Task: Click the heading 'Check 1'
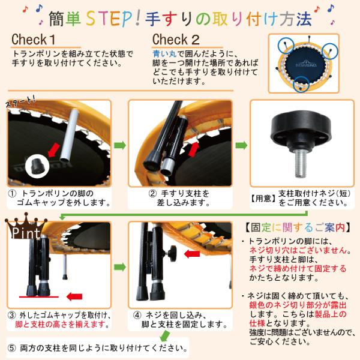34,40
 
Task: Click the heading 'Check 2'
176,40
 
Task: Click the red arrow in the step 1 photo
54,151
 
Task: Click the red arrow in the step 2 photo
194,149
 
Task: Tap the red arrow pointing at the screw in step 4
192,254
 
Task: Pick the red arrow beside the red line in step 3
74,296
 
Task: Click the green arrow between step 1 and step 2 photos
120,145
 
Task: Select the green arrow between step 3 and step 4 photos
120,267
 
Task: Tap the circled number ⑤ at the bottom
12,348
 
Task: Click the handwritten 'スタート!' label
20,101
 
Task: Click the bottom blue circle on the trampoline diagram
301,84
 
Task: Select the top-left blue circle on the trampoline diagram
286,45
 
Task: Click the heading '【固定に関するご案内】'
298,227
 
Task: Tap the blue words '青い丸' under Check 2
164,54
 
